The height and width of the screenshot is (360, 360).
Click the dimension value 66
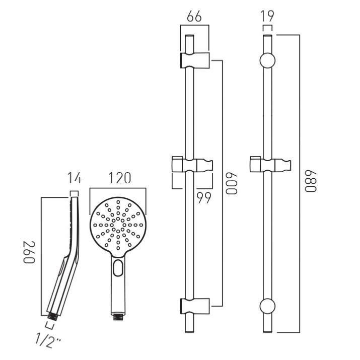click(194, 17)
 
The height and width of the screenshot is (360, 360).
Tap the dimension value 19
click(267, 17)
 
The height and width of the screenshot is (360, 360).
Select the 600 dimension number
click(231, 184)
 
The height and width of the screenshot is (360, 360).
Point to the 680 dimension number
click(311, 181)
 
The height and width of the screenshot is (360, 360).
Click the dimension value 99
click(204, 198)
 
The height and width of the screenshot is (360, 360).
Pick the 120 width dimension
click(120, 178)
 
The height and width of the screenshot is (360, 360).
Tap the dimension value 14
click(75, 178)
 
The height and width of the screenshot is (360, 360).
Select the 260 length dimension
click(29, 252)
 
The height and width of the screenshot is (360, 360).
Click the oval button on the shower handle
click(118, 268)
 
